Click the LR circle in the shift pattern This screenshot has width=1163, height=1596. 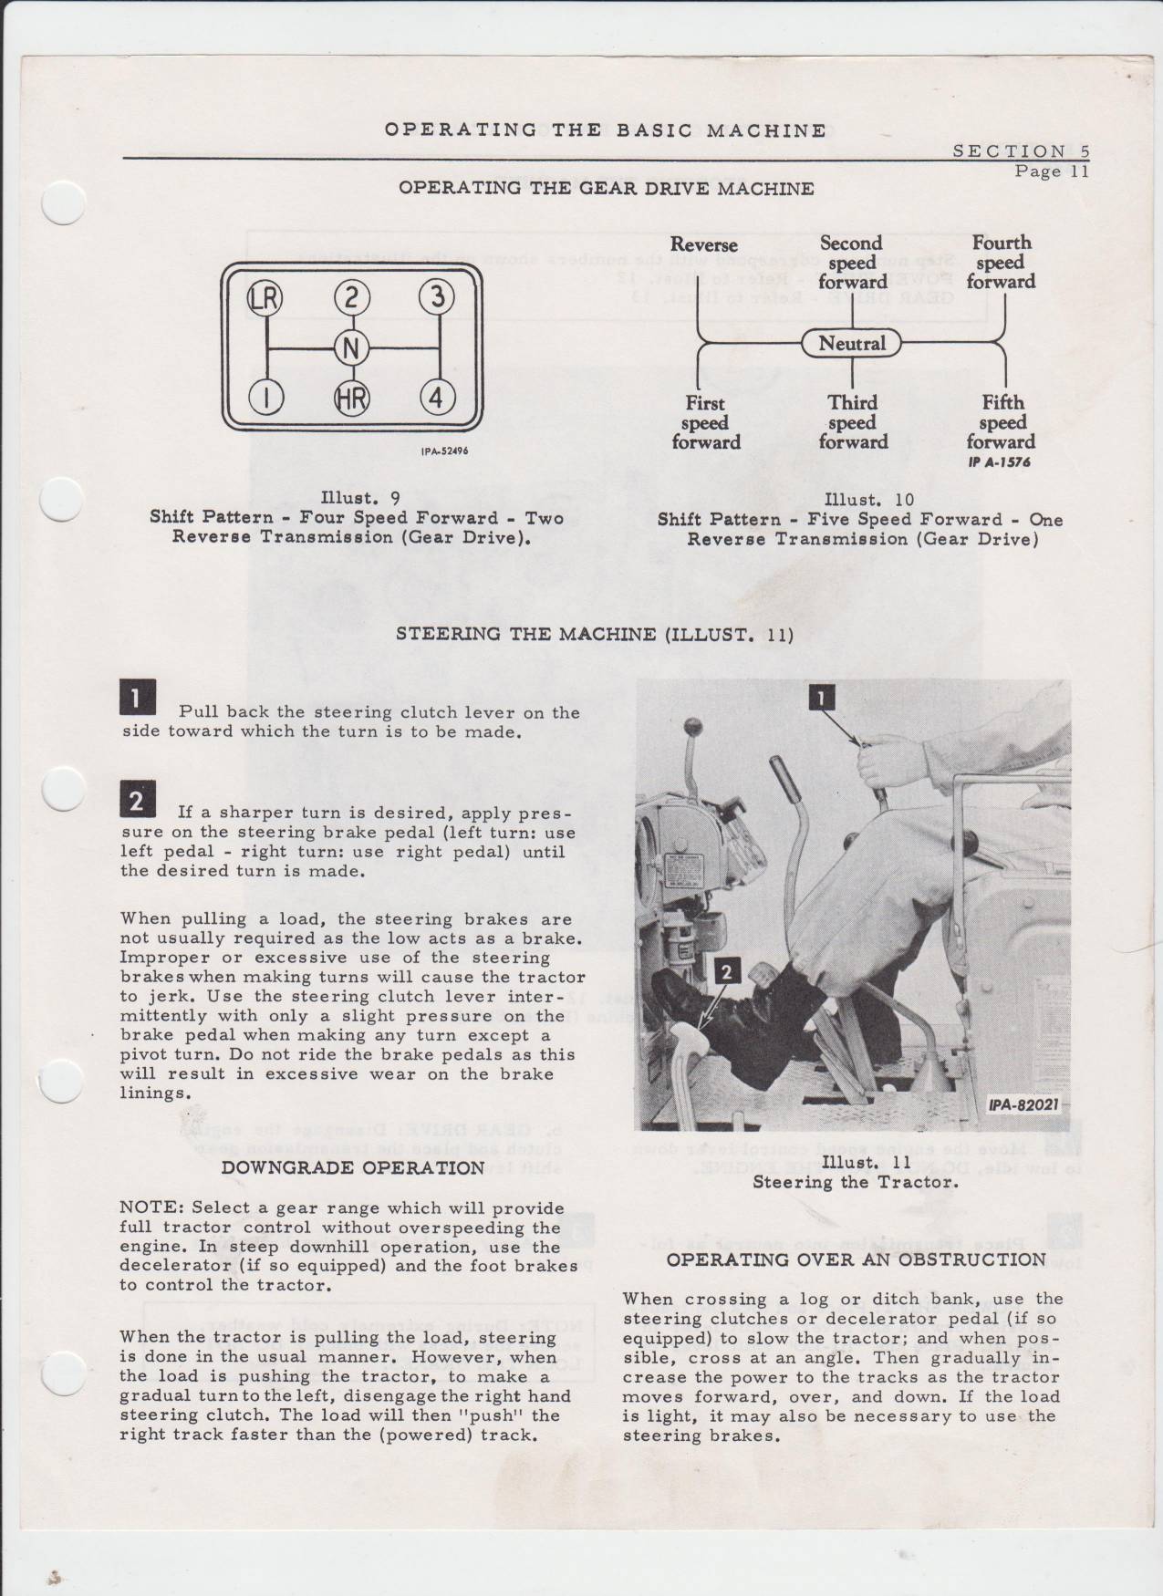point(267,298)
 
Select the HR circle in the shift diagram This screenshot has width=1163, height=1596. point(351,398)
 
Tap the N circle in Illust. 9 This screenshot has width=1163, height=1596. point(351,347)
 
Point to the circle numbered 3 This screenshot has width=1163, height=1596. point(437,298)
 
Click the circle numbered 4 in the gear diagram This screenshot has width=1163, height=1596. point(437,398)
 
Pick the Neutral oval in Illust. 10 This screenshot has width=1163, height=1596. point(851,344)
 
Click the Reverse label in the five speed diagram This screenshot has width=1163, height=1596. point(703,244)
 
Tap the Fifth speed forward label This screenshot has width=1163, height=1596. point(1002,422)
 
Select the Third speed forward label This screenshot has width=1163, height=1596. point(852,422)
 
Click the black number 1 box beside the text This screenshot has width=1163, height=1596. point(138,699)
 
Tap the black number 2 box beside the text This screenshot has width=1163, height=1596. point(138,800)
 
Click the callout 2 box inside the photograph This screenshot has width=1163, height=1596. point(726,972)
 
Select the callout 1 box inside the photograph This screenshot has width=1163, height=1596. point(821,698)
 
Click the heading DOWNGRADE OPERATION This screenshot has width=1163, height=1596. point(353,1168)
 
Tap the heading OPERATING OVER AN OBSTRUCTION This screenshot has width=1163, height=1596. point(856,1260)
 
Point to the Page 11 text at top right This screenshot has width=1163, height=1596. point(1052,171)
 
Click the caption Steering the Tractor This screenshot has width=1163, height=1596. point(855,1183)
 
